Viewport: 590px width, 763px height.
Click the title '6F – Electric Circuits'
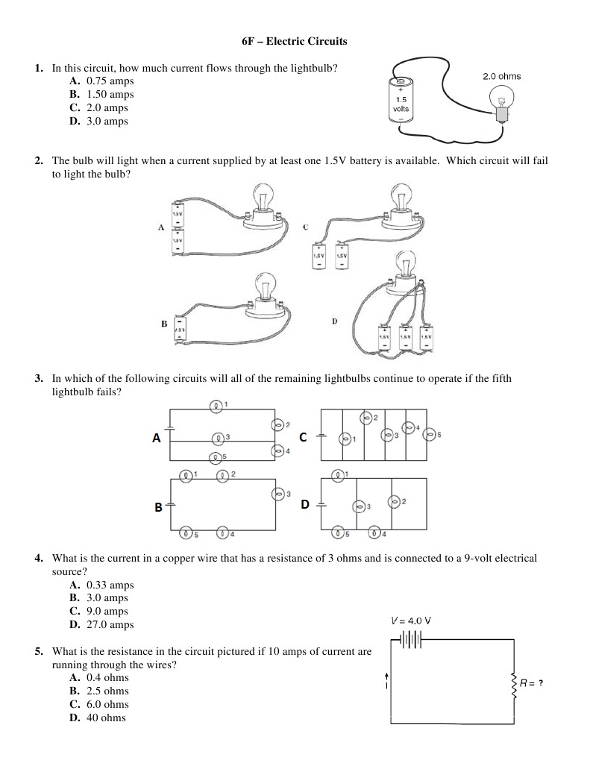click(x=295, y=41)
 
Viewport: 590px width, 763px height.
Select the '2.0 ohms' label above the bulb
click(x=501, y=76)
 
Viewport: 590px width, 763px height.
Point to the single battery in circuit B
click(x=179, y=326)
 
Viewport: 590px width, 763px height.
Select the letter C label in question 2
click(x=305, y=227)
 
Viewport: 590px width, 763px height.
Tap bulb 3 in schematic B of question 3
click(x=278, y=494)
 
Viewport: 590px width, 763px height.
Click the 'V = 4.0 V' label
click(x=411, y=620)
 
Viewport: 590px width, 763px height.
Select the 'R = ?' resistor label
click(x=530, y=682)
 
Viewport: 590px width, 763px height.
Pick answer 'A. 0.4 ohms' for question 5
click(x=99, y=677)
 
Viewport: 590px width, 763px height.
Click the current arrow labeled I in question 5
click(x=386, y=679)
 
